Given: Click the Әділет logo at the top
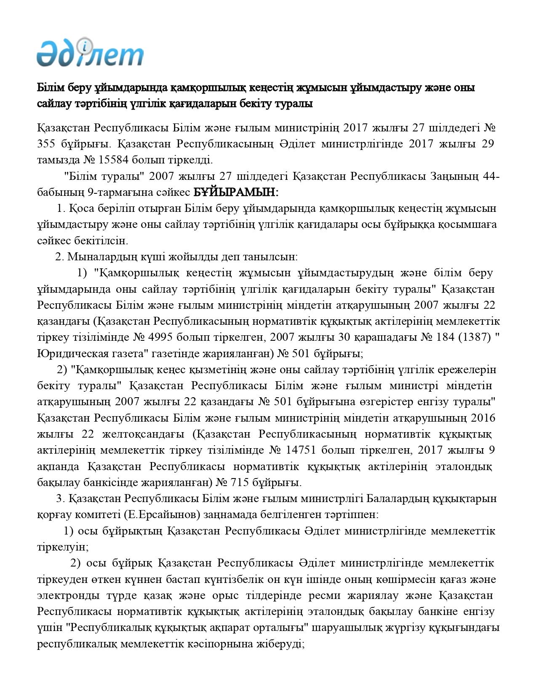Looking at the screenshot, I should (x=90, y=53).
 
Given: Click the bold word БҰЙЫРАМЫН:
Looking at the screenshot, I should (x=235, y=192).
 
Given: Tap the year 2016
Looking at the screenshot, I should (x=483, y=418).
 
